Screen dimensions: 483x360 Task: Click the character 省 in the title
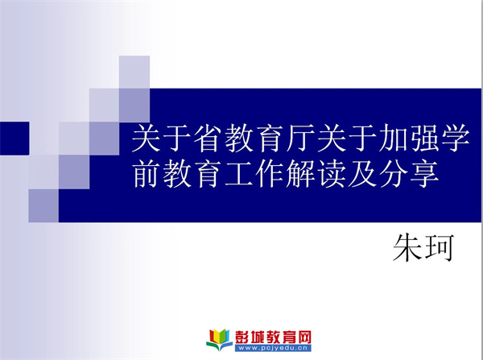(208, 138)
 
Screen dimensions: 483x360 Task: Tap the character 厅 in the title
(300, 138)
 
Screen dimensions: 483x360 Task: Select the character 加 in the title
(393, 138)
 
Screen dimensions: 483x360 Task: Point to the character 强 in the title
(423, 138)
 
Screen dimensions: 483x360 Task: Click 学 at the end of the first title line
(454, 138)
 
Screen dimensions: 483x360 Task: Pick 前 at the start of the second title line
(147, 174)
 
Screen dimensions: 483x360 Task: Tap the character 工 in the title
(239, 174)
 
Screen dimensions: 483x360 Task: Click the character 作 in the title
(270, 174)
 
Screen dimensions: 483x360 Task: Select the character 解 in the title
(300, 174)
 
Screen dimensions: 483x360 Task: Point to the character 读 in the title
(332, 174)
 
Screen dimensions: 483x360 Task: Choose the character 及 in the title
(362, 174)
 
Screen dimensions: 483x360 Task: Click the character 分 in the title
(393, 174)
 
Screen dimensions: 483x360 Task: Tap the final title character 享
(424, 174)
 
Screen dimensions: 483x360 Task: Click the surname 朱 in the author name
(407, 248)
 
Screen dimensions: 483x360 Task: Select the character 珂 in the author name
(439, 248)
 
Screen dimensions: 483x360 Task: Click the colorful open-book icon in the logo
(219, 340)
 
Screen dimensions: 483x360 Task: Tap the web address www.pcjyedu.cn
(273, 348)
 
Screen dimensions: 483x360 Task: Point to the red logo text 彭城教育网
(273, 337)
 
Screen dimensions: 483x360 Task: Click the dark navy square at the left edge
(14, 138)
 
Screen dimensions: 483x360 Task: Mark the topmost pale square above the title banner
(134, 72)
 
